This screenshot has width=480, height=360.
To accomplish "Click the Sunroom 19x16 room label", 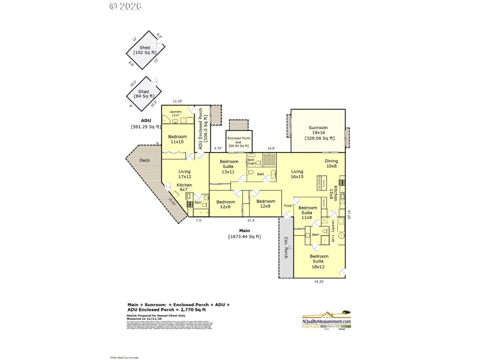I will [318, 133].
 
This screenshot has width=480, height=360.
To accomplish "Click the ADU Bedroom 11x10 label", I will [176, 139].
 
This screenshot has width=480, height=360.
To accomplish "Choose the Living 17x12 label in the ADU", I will [184, 174].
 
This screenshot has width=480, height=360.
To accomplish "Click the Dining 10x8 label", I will [331, 164].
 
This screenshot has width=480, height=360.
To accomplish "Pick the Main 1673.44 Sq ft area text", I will [244, 233].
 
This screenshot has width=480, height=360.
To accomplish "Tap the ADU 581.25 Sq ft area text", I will [146, 124].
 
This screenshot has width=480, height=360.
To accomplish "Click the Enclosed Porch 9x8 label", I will [238, 142].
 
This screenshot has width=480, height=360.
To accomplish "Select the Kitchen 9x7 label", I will [184, 188].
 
